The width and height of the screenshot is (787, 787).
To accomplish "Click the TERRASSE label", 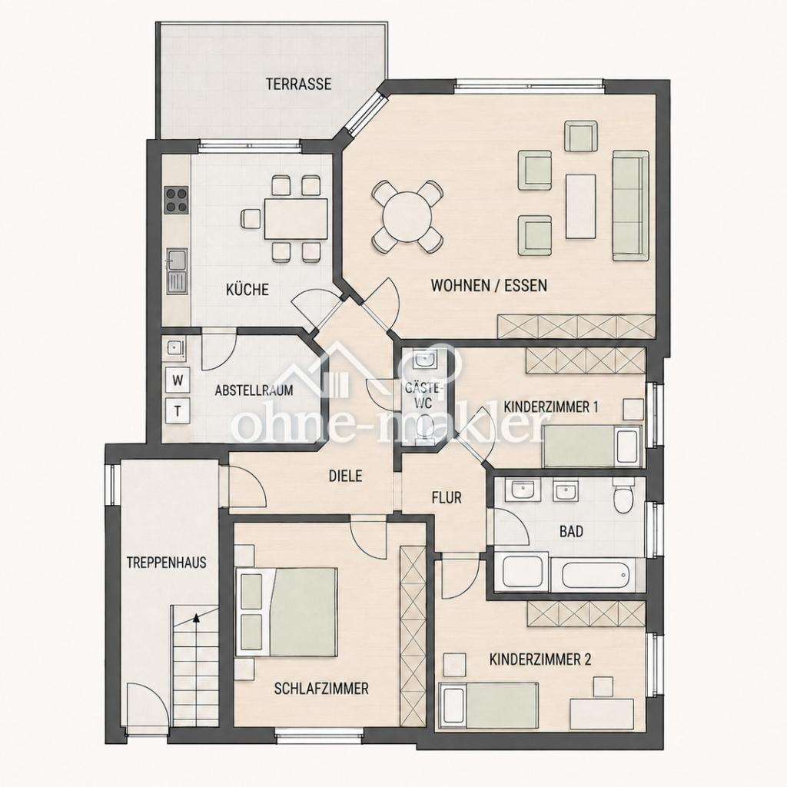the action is [x=299, y=83].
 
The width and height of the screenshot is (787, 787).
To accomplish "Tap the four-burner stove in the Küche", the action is [x=177, y=199].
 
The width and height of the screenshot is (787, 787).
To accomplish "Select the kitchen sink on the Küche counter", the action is [x=176, y=271].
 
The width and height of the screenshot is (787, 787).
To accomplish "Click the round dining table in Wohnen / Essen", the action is [x=407, y=217].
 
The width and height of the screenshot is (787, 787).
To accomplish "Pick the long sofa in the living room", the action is [x=630, y=205].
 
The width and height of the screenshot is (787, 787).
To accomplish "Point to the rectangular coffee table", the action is [x=581, y=206].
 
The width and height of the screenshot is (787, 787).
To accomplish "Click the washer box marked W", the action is [x=178, y=380].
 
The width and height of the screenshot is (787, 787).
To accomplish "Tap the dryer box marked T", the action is [x=178, y=411].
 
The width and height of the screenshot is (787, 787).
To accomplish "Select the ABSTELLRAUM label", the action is [x=254, y=390].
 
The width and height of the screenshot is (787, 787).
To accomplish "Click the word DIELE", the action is [x=345, y=475].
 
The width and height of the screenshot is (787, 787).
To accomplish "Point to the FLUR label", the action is [x=447, y=497].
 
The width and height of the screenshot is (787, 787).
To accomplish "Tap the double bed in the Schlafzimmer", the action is [x=286, y=612].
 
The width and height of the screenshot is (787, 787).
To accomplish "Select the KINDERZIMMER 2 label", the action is [x=540, y=659].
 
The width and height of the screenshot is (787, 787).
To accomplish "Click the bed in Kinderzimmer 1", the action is [x=593, y=447].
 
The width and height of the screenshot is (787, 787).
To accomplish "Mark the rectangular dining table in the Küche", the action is [x=296, y=219].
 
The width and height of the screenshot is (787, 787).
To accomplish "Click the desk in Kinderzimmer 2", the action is [x=602, y=714].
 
